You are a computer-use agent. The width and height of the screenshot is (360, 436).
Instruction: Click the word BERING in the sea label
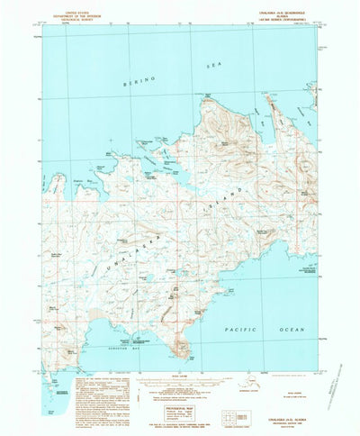coord(142,79)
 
